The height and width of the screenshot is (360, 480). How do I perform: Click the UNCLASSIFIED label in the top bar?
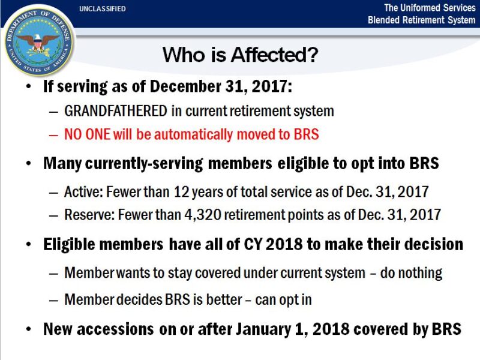pyautogui.click(x=102, y=9)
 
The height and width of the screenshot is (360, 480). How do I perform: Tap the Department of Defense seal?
pyautogui.click(x=38, y=41)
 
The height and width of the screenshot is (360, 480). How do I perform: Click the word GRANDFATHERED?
pyautogui.click(x=116, y=111)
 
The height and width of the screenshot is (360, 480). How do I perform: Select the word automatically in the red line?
pyautogui.click(x=179, y=134)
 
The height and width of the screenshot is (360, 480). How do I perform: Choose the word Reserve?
pyautogui.click(x=85, y=214)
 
